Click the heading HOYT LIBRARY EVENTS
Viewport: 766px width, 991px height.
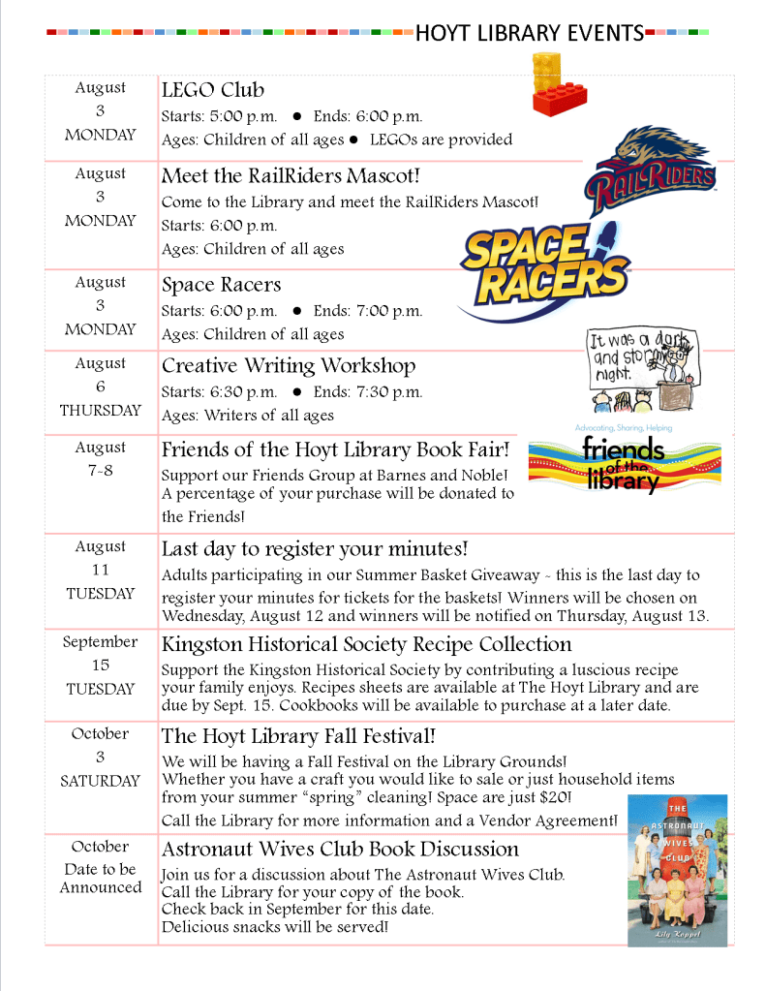tap(530, 34)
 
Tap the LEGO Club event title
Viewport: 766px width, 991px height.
tap(213, 90)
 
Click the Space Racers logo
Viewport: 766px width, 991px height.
tap(544, 265)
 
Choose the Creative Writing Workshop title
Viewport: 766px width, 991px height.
tap(289, 366)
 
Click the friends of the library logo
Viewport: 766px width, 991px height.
tap(624, 461)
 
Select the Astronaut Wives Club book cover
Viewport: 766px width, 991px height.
tap(677, 870)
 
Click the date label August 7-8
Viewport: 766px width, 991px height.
tap(101, 459)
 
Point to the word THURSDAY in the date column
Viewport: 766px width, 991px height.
tap(101, 410)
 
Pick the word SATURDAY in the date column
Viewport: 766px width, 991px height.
tap(101, 781)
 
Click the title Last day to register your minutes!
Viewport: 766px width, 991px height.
tap(315, 549)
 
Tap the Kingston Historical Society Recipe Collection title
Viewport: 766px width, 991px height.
tap(366, 644)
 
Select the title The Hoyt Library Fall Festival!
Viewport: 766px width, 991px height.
tap(298, 736)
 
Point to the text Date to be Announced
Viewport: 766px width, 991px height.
tap(101, 879)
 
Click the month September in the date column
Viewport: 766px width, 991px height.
tap(101, 641)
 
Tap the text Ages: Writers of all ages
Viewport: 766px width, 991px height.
tap(248, 416)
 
